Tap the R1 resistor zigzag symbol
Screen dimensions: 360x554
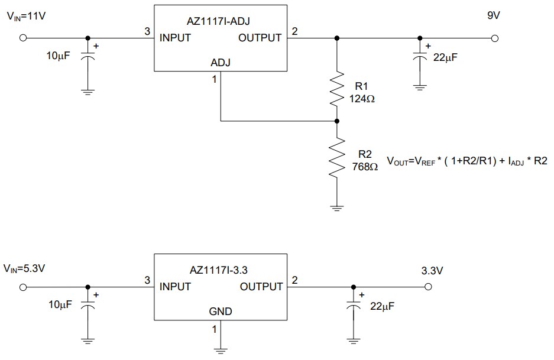[336, 88]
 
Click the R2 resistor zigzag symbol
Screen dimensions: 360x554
[336, 158]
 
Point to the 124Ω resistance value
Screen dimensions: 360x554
[362, 99]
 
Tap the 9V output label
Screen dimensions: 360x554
[493, 16]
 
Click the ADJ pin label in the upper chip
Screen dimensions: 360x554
[221, 63]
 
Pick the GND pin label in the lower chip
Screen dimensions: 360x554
[221, 312]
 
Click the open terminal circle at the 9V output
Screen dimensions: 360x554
[494, 38]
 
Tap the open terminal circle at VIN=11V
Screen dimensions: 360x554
[23, 38]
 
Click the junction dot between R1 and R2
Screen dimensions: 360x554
[336, 121]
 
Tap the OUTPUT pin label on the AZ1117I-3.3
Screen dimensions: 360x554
[261, 287]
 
